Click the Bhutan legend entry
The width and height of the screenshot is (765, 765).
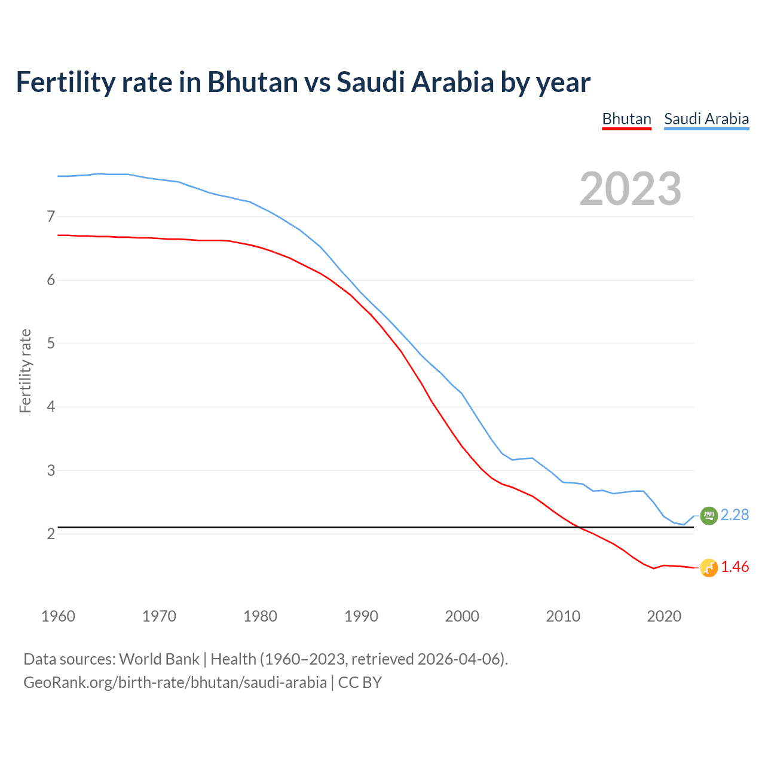coord(626,119)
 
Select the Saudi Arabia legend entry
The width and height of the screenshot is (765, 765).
coord(706,119)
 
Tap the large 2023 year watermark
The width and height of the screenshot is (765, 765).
coord(631,189)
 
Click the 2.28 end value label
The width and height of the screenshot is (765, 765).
coord(735,515)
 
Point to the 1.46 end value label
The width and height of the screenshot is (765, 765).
coord(735,567)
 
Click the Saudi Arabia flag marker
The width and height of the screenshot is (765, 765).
coord(709,515)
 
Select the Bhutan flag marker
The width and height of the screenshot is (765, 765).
coord(709,568)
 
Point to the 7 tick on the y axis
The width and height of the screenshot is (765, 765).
coord(51,216)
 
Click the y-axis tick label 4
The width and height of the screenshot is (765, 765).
coord(51,407)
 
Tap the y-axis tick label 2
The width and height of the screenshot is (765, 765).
coord(51,534)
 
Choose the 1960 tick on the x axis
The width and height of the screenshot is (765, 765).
coord(58,616)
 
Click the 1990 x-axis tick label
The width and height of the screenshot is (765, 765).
coord(361,616)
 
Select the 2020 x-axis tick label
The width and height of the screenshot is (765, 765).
coord(664,616)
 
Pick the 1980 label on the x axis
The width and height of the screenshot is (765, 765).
coord(260,616)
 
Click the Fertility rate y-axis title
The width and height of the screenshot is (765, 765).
coord(25,371)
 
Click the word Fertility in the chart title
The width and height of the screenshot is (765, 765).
coord(65,82)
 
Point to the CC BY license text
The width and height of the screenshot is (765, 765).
coord(360,683)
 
